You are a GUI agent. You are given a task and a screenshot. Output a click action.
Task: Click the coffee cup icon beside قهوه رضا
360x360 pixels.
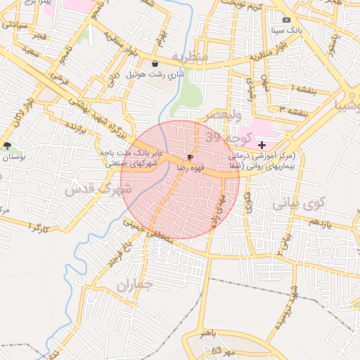click(x=191, y=157)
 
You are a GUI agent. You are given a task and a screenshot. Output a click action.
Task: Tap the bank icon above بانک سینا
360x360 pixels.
click(x=285, y=20)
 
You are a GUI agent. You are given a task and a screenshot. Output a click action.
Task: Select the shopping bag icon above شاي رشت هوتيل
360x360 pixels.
click(x=155, y=64)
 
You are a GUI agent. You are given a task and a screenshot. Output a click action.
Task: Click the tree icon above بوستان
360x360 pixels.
click(x=8, y=146)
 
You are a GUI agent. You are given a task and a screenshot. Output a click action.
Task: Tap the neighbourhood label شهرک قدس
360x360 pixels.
click(x=98, y=188)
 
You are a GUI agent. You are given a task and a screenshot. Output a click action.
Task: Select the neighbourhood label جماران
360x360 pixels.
click(x=135, y=286)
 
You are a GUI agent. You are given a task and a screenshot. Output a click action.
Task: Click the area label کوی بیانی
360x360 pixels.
click(x=297, y=202)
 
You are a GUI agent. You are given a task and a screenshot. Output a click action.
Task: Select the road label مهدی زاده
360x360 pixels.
click(x=217, y=210)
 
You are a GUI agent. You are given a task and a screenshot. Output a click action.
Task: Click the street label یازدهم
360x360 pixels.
click(x=318, y=223)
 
